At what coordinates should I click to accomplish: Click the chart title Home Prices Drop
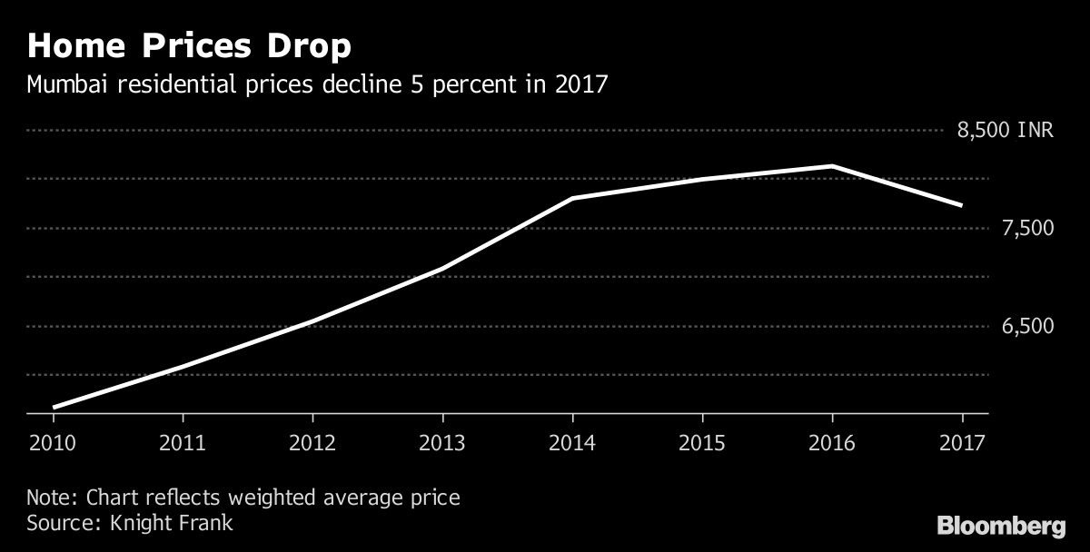pos(189,46)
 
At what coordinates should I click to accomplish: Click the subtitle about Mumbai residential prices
pos(317,85)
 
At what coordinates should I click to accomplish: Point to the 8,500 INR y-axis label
pos(1005,131)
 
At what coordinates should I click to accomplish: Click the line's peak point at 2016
pos(832,166)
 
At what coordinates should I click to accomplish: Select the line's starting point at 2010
pos(54,408)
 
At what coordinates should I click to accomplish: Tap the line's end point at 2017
pos(961,205)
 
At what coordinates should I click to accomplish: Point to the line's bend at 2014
pos(572,198)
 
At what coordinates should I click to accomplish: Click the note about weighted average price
pos(243,498)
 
